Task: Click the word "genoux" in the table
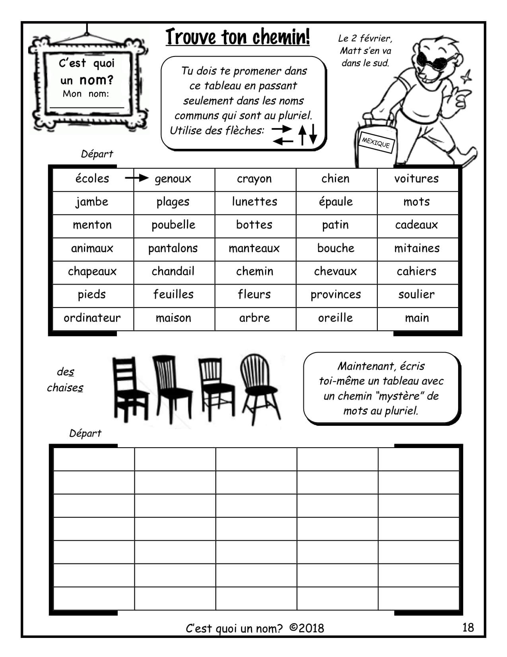[x=173, y=179]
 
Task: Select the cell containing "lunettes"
[x=254, y=202]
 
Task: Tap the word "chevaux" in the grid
[x=336, y=271]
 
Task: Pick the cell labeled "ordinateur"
[x=92, y=318]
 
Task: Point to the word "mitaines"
[x=417, y=248]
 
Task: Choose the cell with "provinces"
[x=336, y=294]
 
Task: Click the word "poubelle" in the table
[x=173, y=225]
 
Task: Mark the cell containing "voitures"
[x=416, y=179]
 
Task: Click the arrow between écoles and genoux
[x=136, y=178]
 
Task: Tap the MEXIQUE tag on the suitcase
[x=376, y=142]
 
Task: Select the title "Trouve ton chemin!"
[x=237, y=37]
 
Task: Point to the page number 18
[x=468, y=628]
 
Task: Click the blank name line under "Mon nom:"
[x=87, y=106]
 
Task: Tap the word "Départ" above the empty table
[x=85, y=433]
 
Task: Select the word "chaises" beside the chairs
[x=65, y=388]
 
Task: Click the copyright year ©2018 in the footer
[x=307, y=628]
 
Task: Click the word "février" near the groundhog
[x=376, y=39]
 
